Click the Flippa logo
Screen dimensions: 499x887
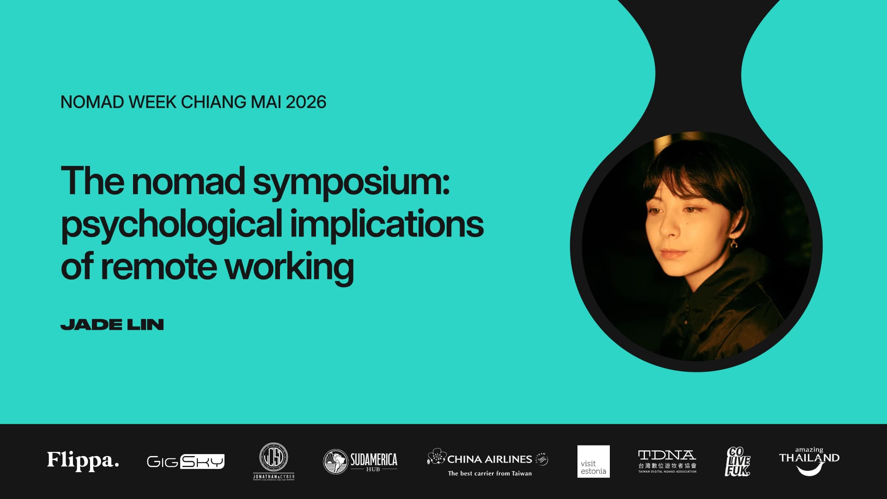[83, 461]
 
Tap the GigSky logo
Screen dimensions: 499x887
[185, 461]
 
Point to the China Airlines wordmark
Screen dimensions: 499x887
[489, 459]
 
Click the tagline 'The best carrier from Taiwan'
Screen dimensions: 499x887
[489, 474]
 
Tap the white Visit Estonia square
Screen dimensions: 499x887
[593, 462]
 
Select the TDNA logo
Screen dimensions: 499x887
[667, 461]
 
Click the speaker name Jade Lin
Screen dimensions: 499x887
[112, 325]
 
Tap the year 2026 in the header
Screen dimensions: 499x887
[306, 102]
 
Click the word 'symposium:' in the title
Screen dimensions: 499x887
[351, 182]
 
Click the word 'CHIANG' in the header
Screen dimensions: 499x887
[213, 102]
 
